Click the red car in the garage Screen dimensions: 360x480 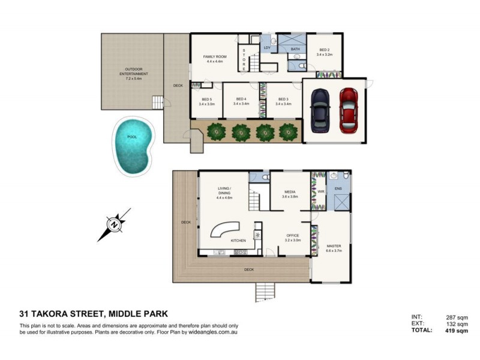point(349,110)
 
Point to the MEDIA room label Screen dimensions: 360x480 point(290,194)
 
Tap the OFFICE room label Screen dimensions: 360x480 point(292,237)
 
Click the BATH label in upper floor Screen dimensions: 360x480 point(295,49)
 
